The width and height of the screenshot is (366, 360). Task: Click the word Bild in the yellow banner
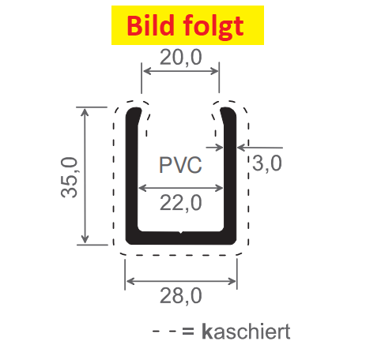click(150, 25)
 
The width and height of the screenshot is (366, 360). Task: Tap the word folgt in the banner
click(213, 28)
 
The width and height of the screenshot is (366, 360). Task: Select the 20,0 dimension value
click(181, 58)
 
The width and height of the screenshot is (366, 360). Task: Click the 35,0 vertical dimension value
click(70, 177)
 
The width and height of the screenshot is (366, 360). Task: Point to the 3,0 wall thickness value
click(267, 163)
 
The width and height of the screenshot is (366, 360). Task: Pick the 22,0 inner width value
click(181, 203)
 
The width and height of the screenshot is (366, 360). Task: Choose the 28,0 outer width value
click(181, 296)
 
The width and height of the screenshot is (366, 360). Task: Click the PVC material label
click(180, 165)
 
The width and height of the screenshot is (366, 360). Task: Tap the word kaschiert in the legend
click(246, 332)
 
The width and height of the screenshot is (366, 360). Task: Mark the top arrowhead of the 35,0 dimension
click(85, 111)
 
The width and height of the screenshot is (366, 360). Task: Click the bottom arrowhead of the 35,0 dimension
click(85, 239)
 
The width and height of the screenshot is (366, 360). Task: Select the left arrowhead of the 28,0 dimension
click(130, 281)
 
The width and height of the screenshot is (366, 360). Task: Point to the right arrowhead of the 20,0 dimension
click(215, 71)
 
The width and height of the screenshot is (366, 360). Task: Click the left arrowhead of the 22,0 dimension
click(142, 188)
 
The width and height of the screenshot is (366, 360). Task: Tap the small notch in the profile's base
click(180, 232)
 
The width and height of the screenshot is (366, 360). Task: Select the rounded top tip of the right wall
click(227, 109)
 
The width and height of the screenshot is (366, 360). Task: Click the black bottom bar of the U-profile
click(181, 238)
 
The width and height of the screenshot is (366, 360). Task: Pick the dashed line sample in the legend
click(164, 332)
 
